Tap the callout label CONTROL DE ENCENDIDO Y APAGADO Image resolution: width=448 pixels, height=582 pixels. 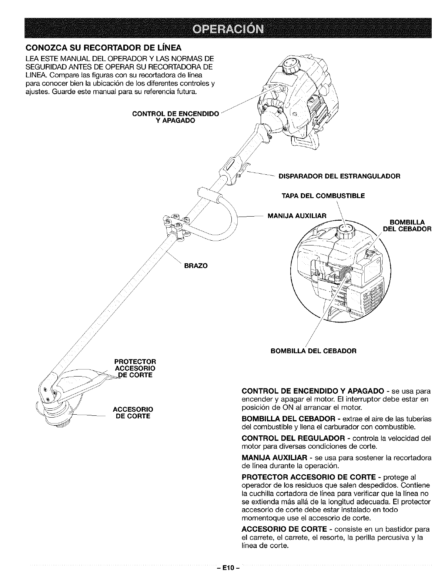176,117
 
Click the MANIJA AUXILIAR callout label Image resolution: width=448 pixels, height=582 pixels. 296,215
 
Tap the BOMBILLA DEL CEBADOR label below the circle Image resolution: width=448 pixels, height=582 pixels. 314,350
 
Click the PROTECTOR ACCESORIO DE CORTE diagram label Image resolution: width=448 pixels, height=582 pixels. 135,368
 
